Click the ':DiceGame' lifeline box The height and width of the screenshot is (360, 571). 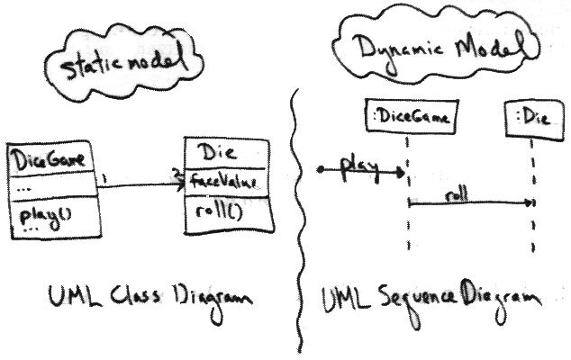point(409,115)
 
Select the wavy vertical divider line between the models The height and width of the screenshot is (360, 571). point(295,225)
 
